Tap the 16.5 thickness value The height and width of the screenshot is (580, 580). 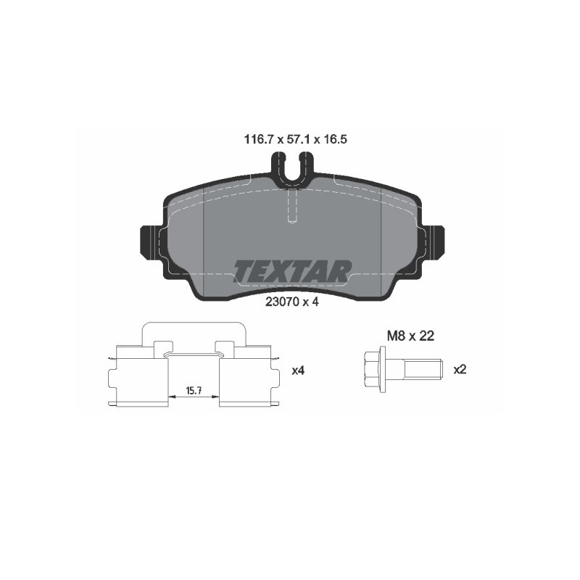(335, 139)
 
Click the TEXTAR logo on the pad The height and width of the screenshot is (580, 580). (292, 271)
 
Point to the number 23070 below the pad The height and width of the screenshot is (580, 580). (282, 302)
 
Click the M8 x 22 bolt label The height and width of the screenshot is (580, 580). (410, 336)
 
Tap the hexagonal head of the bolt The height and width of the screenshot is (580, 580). (372, 369)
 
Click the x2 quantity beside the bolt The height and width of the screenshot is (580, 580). (460, 370)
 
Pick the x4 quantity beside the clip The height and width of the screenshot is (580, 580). (298, 370)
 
